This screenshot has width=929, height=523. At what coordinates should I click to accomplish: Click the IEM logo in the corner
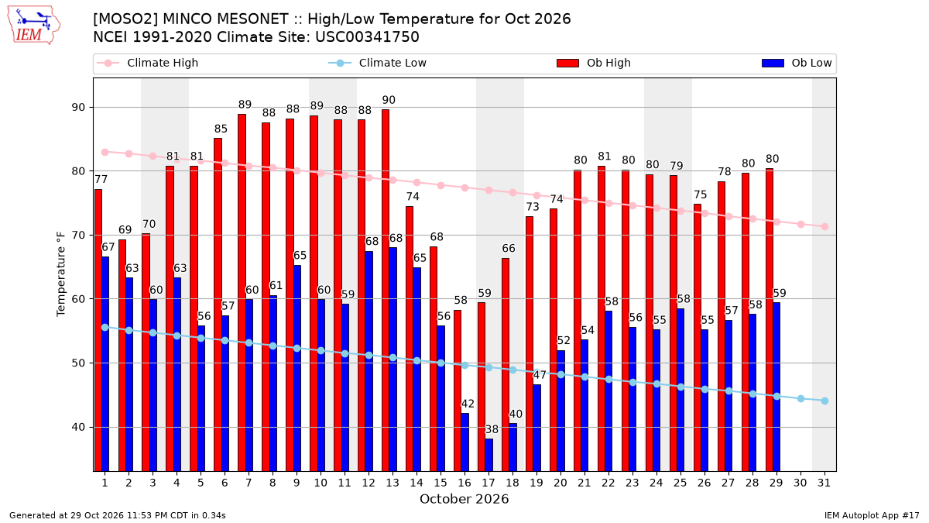34,26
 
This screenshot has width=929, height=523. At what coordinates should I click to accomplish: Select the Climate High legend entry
147,63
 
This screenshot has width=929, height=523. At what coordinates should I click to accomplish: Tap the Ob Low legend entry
797,63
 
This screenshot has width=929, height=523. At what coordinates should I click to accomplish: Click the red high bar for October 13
386,290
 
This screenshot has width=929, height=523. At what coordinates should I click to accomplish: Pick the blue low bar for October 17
489,455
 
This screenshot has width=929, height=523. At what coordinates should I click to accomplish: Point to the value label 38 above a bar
492,429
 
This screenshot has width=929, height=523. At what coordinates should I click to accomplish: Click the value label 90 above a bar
389,100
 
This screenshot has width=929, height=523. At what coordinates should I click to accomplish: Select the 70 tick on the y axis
78,236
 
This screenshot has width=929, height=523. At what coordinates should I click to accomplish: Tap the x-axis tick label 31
824,483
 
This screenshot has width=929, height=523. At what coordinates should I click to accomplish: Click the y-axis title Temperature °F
61,274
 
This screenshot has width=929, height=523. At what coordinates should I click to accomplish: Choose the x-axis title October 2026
464,499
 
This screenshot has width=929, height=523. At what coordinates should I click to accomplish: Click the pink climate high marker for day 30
800,225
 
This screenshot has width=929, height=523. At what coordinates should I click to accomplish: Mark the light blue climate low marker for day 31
824,401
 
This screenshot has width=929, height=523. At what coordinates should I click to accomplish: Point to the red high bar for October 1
98,330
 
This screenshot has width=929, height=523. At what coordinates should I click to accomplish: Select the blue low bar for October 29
776,387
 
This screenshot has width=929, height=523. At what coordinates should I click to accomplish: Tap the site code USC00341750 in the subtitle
367,37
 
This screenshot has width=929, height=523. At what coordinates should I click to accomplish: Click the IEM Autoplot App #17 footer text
872,515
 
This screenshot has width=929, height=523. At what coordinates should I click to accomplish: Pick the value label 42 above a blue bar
468,404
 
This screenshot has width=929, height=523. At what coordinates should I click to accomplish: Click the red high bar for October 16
458,391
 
